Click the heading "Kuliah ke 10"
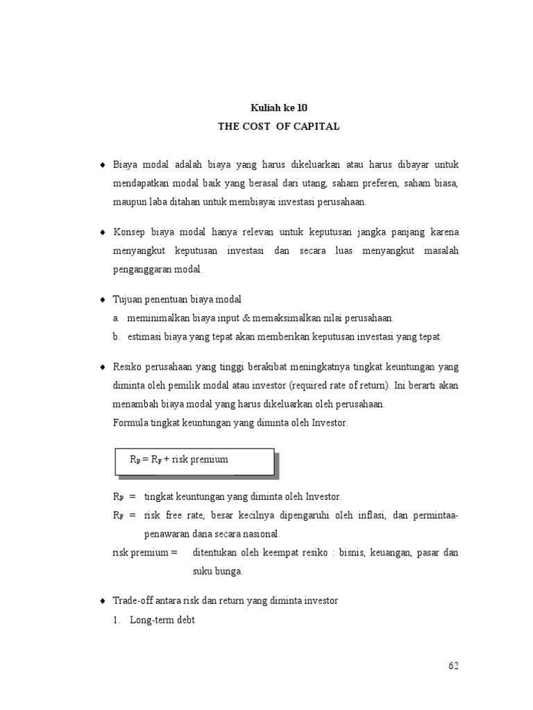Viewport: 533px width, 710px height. [278, 109]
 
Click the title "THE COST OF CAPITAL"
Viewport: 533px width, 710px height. [278, 127]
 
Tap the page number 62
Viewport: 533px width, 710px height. [453, 666]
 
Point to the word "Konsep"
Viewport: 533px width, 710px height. [129, 232]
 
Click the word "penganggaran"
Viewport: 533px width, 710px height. [142, 270]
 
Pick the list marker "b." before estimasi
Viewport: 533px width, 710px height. [117, 337]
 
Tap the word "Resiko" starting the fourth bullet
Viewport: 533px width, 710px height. [128, 366]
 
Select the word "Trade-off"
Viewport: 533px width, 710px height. [132, 601]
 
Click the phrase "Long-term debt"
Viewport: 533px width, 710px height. [162, 620]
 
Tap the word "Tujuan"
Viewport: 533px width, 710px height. [128, 299]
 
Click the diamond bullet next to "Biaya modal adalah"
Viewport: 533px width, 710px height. [102, 164]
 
